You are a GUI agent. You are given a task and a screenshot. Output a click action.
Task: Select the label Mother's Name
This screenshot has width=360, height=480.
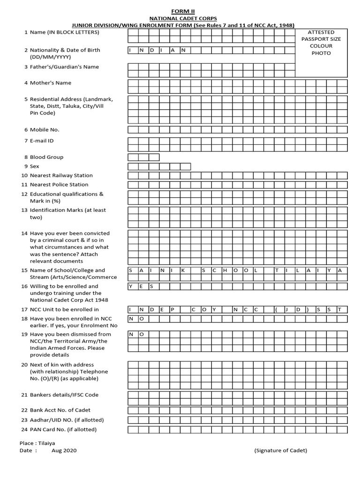[51, 83]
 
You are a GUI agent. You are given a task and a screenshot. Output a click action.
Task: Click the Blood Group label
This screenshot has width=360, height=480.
[46, 157]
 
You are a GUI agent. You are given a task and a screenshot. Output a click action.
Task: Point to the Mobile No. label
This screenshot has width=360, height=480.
[45, 130]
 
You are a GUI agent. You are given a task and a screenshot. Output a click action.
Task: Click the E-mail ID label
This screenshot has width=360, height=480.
[42, 141]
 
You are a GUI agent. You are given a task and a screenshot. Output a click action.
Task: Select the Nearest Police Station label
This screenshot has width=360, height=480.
[59, 185]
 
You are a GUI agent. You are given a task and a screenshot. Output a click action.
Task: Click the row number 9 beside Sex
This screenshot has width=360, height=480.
[25, 166]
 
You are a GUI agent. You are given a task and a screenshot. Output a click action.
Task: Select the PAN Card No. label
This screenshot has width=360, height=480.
[63, 430]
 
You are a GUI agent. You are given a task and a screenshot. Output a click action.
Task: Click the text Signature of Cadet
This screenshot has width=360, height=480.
[280, 450]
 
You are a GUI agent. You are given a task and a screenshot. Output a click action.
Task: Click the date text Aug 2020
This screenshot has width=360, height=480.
[64, 450]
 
